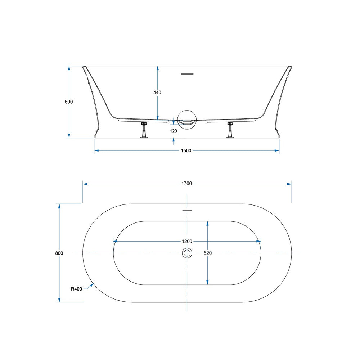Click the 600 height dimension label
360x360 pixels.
[x=69, y=102]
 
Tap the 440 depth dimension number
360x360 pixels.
[x=157, y=93]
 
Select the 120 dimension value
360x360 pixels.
[x=174, y=131]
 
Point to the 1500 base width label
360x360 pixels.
[x=186, y=150]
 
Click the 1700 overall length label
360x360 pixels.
[x=186, y=184]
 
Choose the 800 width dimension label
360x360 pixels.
[x=59, y=253]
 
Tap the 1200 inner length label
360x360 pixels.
[x=187, y=241]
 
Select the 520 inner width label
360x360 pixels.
[x=208, y=253]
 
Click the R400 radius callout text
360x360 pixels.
[x=76, y=289]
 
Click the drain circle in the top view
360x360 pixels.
[x=187, y=253]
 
